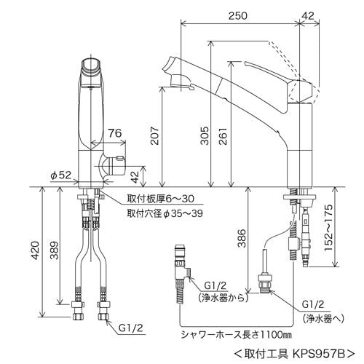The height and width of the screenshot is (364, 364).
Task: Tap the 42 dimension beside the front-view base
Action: click(x=135, y=175)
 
